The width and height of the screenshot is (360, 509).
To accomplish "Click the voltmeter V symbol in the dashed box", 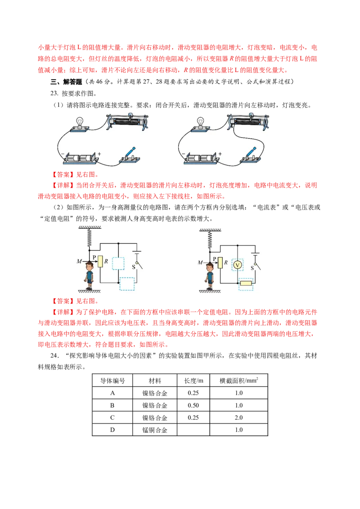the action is [238, 265].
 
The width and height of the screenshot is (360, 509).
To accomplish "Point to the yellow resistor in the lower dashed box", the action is [246, 283].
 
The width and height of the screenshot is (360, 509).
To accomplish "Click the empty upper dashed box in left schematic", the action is [118, 263].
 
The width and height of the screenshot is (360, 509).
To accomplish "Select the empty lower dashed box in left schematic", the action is [127, 284].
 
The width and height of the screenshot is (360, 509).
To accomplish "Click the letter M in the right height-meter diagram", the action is [200, 262].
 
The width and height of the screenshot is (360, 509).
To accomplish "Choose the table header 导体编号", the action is [112, 380].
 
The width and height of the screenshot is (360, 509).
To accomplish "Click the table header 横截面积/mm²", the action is [239, 380].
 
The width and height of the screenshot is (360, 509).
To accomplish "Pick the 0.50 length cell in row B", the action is [193, 405].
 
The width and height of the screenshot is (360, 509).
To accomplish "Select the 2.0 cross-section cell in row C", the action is [239, 417].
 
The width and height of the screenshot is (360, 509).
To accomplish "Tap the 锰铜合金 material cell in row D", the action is [155, 430].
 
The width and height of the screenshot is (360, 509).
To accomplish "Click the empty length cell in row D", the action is [193, 430].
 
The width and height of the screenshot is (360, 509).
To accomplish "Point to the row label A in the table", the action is [112, 393].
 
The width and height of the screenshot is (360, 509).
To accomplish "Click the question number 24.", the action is [54, 356].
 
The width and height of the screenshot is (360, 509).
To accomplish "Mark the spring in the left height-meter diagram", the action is [90, 238].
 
